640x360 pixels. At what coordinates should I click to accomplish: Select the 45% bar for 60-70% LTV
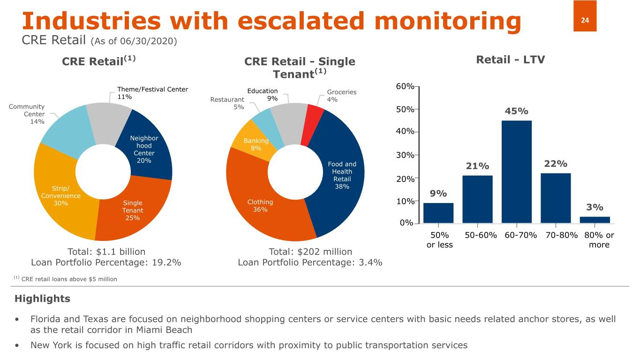click(516, 172)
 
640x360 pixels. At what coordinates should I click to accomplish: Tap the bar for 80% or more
click(595, 219)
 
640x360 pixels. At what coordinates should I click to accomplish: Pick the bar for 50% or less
click(438, 213)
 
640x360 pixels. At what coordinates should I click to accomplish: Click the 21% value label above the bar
click(477, 166)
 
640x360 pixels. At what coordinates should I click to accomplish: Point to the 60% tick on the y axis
click(405, 87)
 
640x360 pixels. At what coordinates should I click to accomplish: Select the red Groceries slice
click(312, 122)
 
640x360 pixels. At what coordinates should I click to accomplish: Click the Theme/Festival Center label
click(152, 89)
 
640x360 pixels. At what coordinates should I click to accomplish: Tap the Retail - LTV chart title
click(510, 60)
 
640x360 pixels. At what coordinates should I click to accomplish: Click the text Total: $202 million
click(310, 252)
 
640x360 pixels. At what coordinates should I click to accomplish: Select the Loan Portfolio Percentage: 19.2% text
click(106, 262)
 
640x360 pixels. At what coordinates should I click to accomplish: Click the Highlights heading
click(42, 299)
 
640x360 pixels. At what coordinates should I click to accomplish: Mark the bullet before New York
click(17, 345)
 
